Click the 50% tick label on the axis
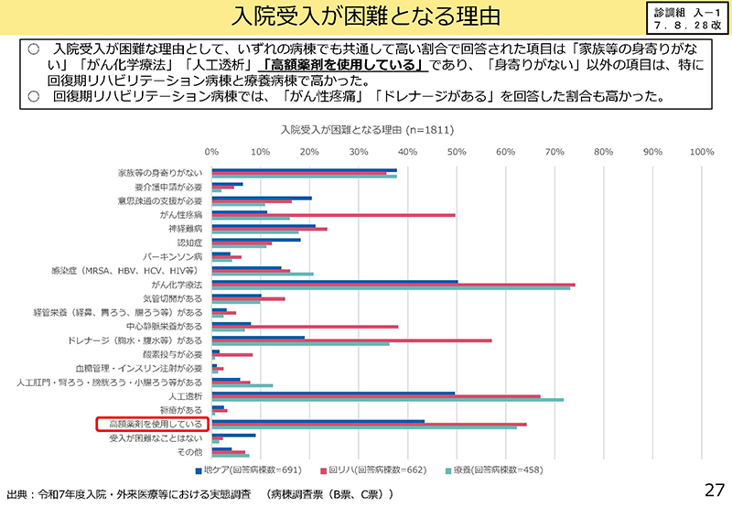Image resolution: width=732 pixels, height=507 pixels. coord(457,152)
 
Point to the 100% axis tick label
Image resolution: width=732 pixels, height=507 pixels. coord(701,152)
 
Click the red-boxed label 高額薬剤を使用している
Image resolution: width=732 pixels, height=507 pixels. coord(154,425)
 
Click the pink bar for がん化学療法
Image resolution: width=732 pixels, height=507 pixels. coord(393,285)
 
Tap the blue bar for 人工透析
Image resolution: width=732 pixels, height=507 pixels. coord(333,393)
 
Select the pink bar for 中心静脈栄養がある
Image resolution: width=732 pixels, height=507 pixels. coord(305,327)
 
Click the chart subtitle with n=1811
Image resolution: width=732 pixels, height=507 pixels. coord(366,130)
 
